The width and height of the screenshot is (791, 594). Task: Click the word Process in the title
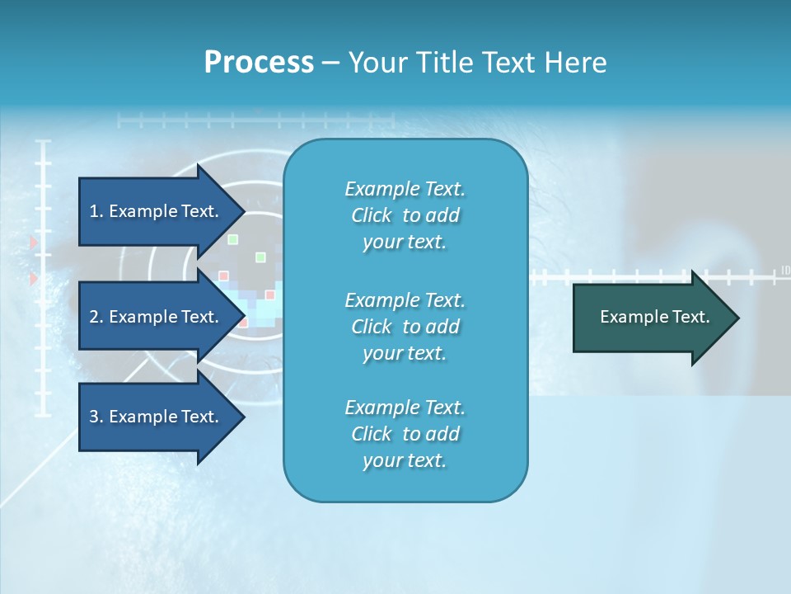tap(259, 63)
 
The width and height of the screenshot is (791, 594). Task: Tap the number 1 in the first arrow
tap(93, 211)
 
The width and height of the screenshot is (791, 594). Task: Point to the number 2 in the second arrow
tap(93, 317)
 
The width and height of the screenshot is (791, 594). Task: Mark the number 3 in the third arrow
tap(93, 417)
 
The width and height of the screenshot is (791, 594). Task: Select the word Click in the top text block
tap(372, 215)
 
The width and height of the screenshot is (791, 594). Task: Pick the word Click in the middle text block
tap(372, 327)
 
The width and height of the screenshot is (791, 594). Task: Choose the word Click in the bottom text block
tap(372, 434)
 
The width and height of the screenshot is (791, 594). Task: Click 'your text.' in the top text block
tap(404, 242)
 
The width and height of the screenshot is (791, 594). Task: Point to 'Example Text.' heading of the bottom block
tap(405, 408)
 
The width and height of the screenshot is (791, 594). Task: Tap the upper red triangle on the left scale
tap(34, 243)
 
